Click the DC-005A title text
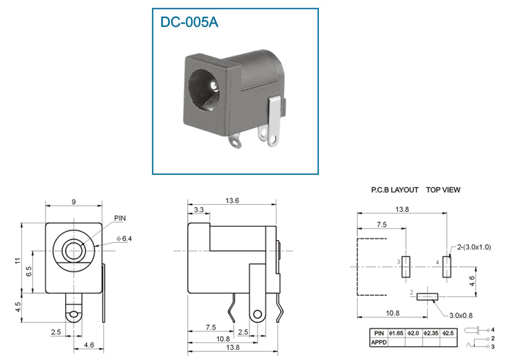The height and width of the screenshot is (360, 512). pyautogui.click(x=189, y=22)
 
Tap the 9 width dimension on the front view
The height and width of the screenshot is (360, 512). pyautogui.click(x=74, y=202)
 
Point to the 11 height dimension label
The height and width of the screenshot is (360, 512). pyautogui.click(x=18, y=260)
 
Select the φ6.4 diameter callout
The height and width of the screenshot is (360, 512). pyautogui.click(x=124, y=239)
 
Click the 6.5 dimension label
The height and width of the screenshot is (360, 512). pyautogui.click(x=29, y=271)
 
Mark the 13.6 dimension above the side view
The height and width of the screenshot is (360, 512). pyautogui.click(x=232, y=200)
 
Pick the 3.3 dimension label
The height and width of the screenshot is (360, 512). pyautogui.click(x=198, y=210)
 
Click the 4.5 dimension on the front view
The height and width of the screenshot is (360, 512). pyautogui.click(x=18, y=307)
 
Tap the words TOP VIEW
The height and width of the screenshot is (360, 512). pyautogui.click(x=443, y=190)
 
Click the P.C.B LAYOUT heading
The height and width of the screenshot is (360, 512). pyautogui.click(x=394, y=190)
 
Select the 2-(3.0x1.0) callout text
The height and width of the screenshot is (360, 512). pyautogui.click(x=473, y=247)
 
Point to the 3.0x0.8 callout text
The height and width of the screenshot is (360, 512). pyautogui.click(x=461, y=315)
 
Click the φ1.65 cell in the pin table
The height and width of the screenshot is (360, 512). pyautogui.click(x=396, y=333)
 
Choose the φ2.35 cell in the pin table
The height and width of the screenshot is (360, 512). pyautogui.click(x=431, y=333)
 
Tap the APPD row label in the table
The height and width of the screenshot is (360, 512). pyautogui.click(x=379, y=342)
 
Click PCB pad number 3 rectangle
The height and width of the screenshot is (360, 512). pyautogui.click(x=406, y=267)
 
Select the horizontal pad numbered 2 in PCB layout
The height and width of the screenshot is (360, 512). pyautogui.click(x=427, y=296)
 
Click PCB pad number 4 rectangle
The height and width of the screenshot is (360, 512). pyautogui.click(x=447, y=267)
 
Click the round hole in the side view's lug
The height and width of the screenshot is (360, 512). pyautogui.click(x=257, y=314)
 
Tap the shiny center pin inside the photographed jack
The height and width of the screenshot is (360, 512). pyautogui.click(x=214, y=86)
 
